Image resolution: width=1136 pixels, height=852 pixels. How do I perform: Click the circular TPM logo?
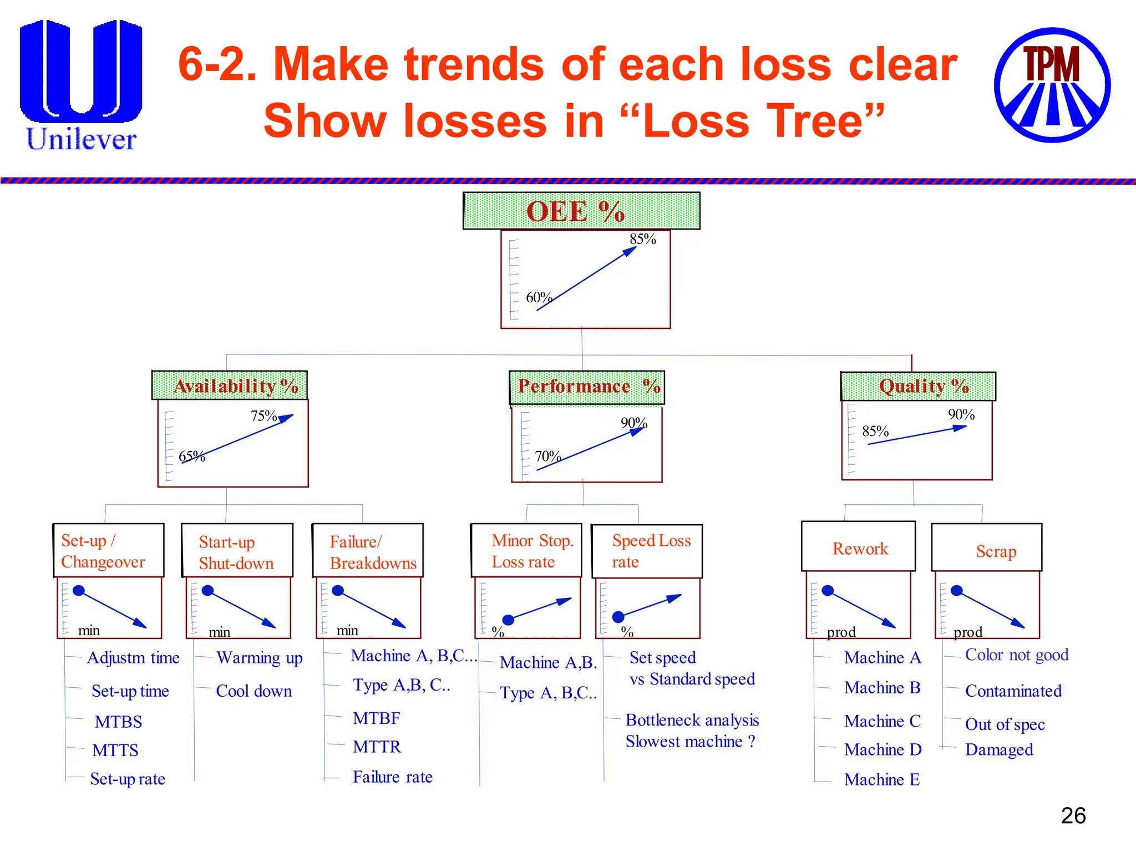pyautogui.click(x=1052, y=85)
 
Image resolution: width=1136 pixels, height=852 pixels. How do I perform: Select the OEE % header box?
pyautogui.click(x=581, y=211)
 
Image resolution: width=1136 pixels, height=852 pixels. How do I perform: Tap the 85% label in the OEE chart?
pyautogui.click(x=642, y=240)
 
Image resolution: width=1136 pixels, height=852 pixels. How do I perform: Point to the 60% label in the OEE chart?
pyautogui.click(x=538, y=297)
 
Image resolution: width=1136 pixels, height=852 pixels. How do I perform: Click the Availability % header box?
pyautogui.click(x=230, y=386)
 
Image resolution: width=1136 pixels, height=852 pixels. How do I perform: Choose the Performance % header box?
pyautogui.click(x=586, y=387)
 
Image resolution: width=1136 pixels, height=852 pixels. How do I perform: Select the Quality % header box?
pyautogui.click(x=918, y=386)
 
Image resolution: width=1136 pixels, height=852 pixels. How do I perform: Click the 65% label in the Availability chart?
pyautogui.click(x=191, y=457)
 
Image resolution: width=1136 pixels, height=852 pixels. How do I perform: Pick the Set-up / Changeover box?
pyautogui.click(x=109, y=550)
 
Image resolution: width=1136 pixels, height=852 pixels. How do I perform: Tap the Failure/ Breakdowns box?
pyautogui.click(x=368, y=551)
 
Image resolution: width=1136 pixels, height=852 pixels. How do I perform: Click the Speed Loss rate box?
pyautogui.click(x=647, y=551)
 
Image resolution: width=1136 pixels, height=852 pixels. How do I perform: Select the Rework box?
pyautogui.click(x=858, y=547)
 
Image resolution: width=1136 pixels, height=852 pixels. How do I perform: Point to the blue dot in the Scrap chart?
pyautogui.click(x=956, y=591)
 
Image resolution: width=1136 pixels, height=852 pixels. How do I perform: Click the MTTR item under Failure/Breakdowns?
pyautogui.click(x=377, y=747)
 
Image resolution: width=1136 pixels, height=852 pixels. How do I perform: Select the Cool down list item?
pyautogui.click(x=253, y=691)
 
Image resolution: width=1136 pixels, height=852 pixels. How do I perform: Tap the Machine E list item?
pyautogui.click(x=881, y=779)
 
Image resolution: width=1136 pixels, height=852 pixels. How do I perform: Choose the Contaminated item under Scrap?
pyautogui.click(x=1013, y=691)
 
